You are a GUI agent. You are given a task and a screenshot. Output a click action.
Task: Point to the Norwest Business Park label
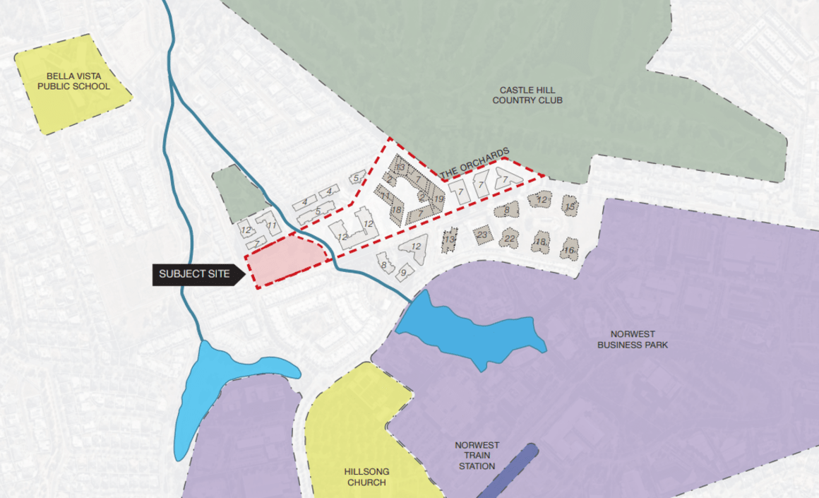coord(632,340)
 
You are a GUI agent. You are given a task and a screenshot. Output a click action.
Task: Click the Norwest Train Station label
coord(477,456)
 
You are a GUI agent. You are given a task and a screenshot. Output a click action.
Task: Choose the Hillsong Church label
coord(366,477)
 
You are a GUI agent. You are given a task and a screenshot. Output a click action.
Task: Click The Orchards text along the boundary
coord(474,163)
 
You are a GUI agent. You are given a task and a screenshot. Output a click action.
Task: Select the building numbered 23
coord(483,235)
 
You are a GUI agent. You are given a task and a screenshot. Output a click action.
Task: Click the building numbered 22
coord(510,239)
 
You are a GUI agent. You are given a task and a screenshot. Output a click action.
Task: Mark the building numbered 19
coord(438,200)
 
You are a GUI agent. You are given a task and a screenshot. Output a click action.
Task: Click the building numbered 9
coord(404,271)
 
